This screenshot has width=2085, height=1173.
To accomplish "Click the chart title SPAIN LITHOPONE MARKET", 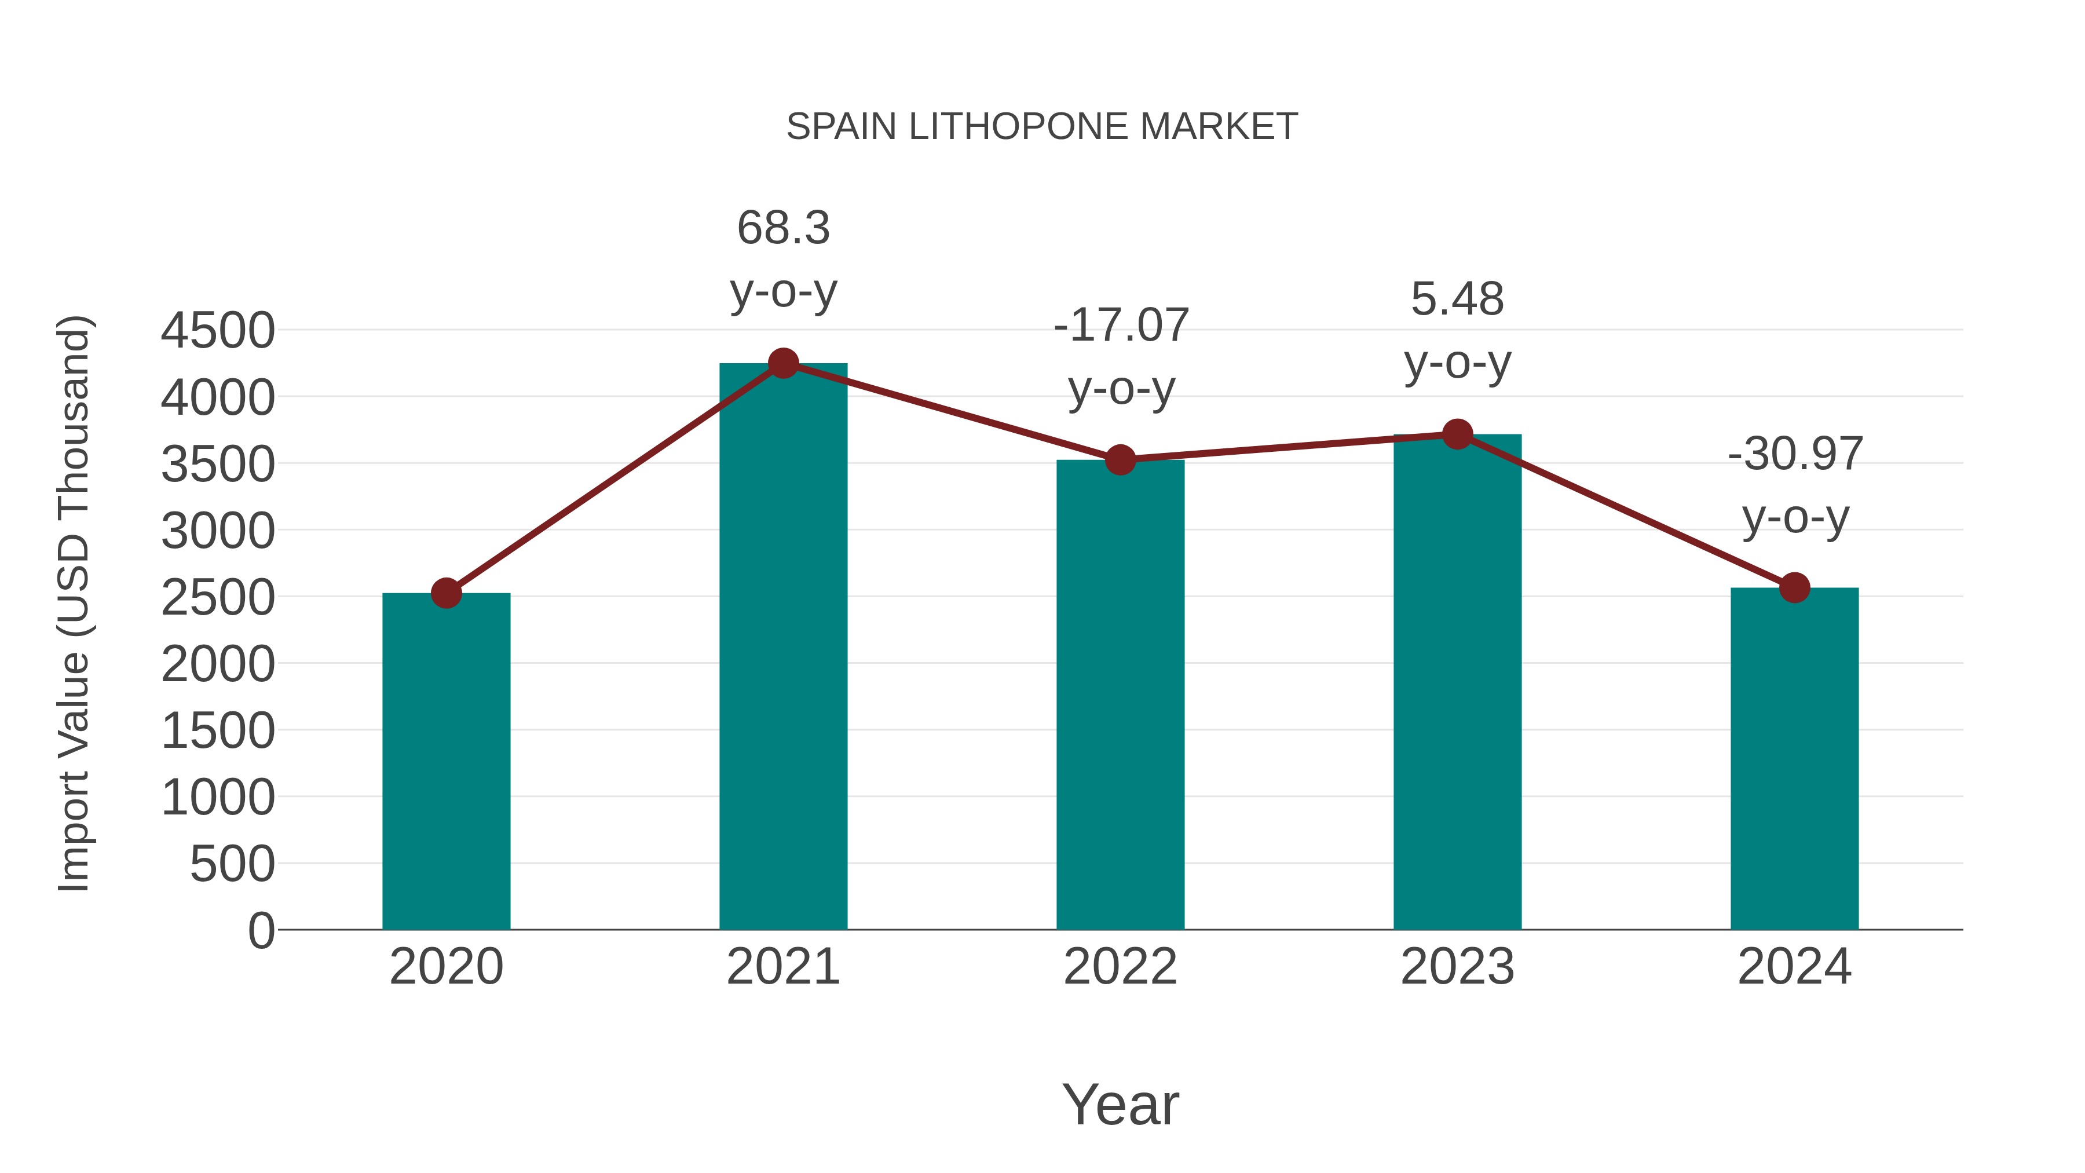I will [1042, 127].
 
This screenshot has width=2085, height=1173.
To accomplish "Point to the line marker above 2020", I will [446, 593].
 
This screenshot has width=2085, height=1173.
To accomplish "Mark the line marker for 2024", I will [1794, 588].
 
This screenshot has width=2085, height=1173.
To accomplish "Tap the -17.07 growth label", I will [1121, 356].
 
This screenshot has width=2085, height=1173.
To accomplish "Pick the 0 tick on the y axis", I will [261, 930].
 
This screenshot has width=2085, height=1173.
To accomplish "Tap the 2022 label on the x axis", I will [1120, 967].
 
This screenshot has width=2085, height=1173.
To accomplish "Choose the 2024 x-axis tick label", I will [1794, 967].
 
